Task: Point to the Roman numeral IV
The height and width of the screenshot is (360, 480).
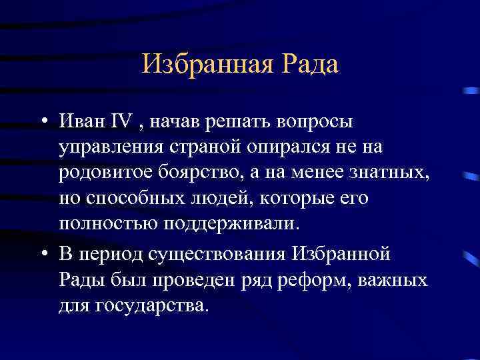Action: pyautogui.click(x=123, y=123)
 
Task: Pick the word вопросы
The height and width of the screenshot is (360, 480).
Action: pyautogui.click(x=313, y=123)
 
